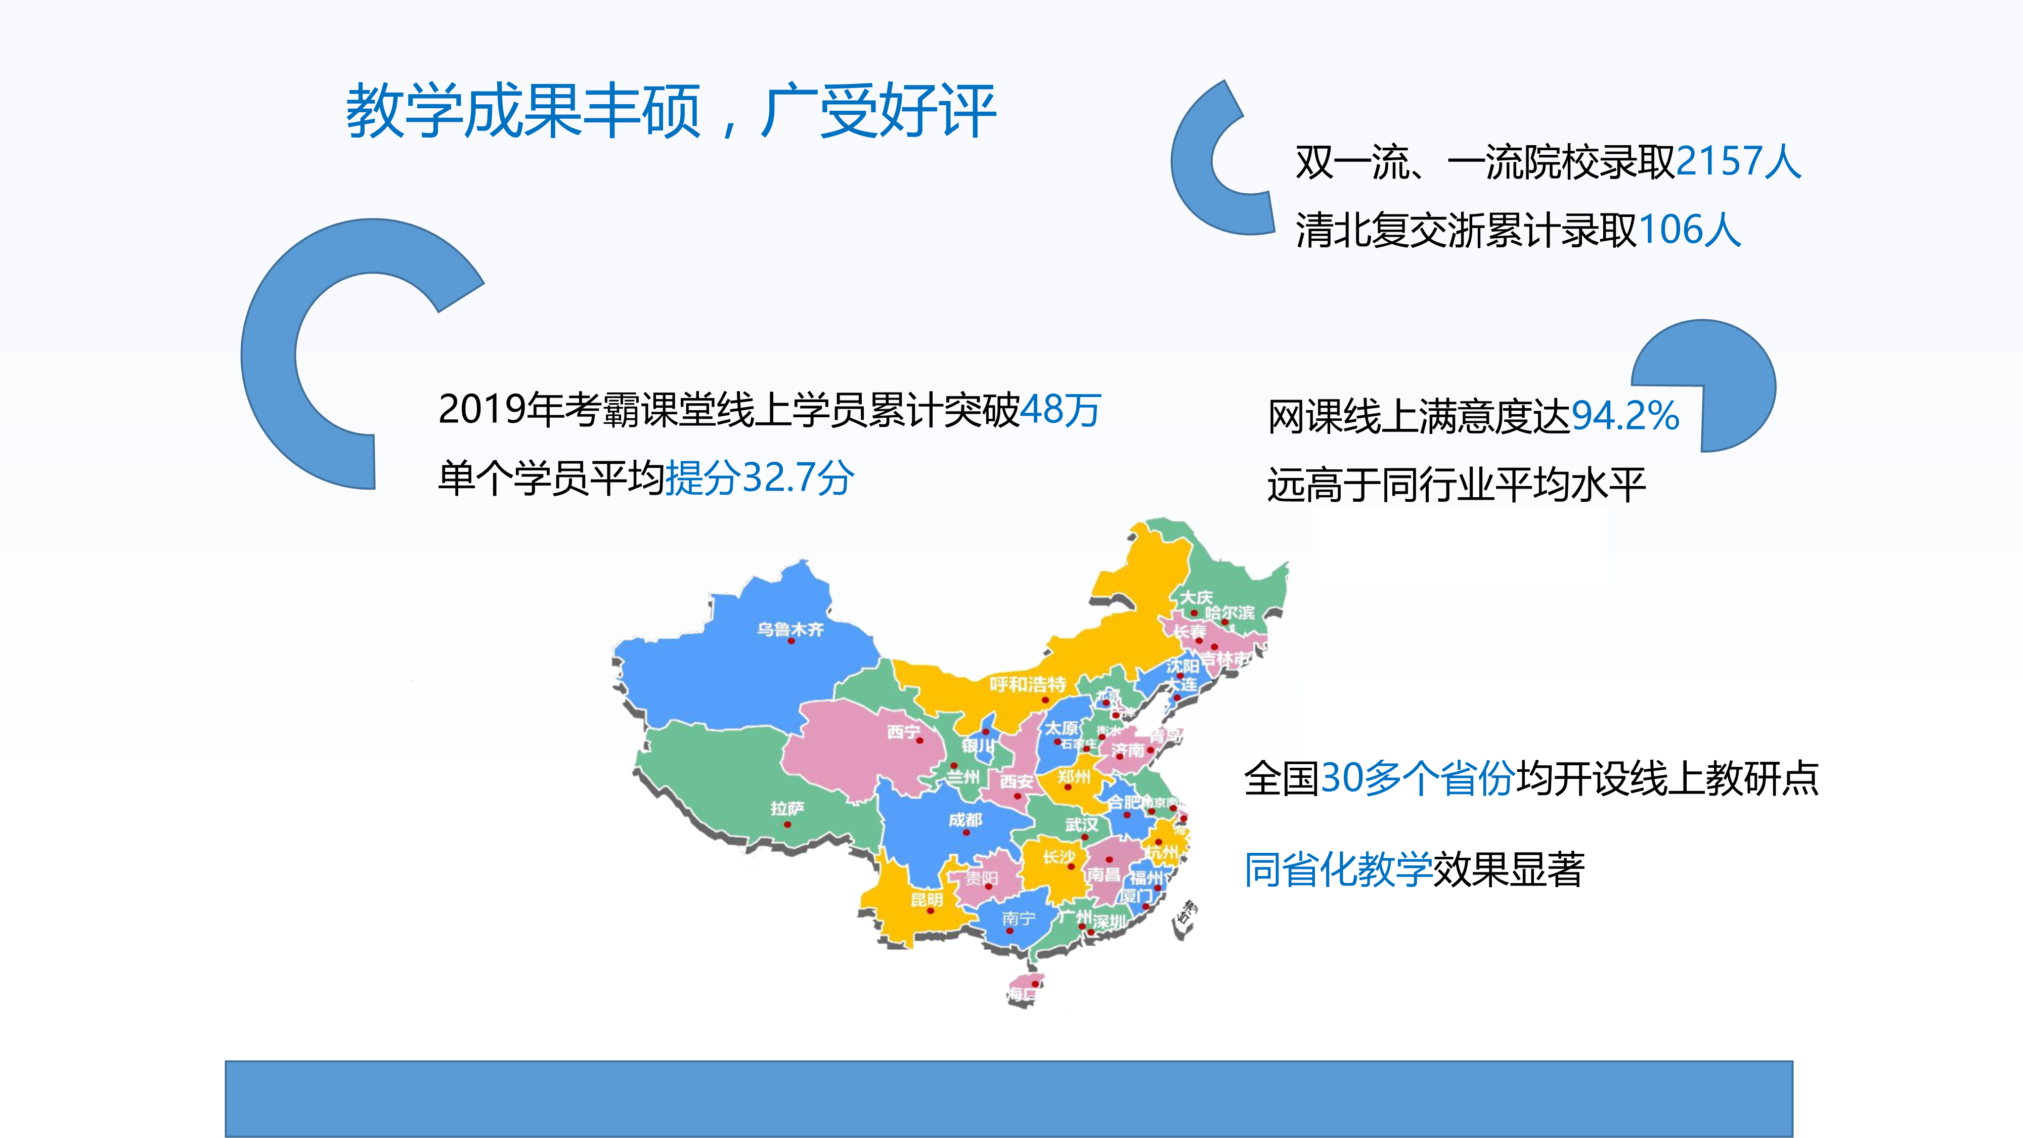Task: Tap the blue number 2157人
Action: (1738, 162)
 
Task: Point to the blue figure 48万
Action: (1060, 410)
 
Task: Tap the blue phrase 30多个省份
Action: (1417, 779)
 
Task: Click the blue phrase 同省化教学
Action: (1337, 870)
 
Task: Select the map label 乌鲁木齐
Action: (790, 629)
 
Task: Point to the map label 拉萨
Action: (787, 808)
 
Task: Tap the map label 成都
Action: (965, 820)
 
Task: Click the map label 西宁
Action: (903, 732)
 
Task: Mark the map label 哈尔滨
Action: (1230, 612)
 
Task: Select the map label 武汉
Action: (1081, 824)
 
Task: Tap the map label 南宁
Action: (1019, 918)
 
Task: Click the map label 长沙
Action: (1059, 857)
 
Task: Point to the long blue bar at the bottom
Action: (1008, 1098)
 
